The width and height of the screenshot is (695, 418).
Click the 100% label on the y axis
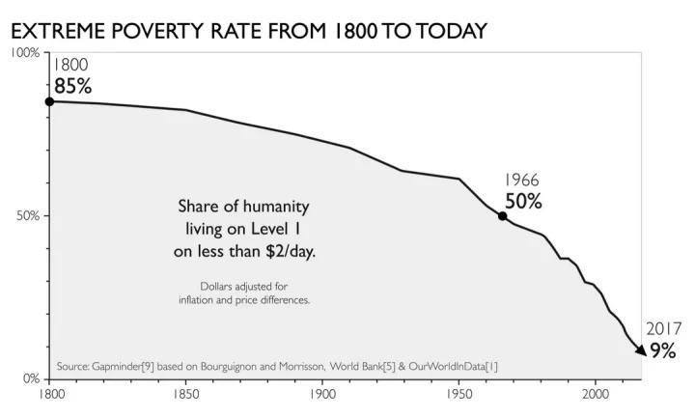pyautogui.click(x=24, y=53)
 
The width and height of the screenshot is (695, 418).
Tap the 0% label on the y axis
pyautogui.click(x=30, y=377)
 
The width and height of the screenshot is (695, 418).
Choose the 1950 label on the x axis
pyautogui.click(x=459, y=394)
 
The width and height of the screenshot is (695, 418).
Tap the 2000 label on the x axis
pyautogui.click(x=595, y=394)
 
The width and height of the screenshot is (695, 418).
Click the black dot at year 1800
pyautogui.click(x=48, y=101)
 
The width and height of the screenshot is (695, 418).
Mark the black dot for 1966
pyautogui.click(x=502, y=215)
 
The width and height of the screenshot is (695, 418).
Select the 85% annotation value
pyautogui.click(x=72, y=86)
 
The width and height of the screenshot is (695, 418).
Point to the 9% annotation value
pyautogui.click(x=662, y=351)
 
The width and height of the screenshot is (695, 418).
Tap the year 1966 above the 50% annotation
pyautogui.click(x=521, y=181)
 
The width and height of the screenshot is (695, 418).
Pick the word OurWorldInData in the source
pyautogui.click(x=445, y=367)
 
